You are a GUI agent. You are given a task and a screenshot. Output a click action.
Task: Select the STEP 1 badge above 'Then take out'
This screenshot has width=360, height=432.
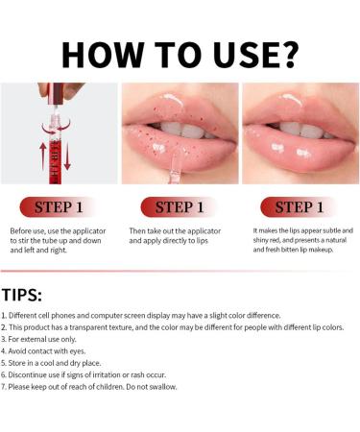click(180, 206)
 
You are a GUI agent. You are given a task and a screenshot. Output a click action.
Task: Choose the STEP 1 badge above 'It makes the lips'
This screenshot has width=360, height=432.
click(300, 206)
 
